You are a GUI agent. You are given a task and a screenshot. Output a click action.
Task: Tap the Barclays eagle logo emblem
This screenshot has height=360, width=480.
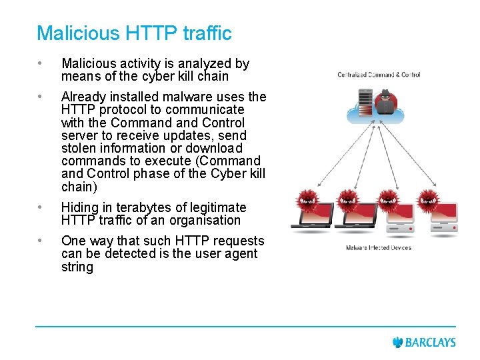pos(398,343)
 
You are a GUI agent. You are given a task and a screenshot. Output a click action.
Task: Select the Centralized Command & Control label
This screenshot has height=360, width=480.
pos(379,75)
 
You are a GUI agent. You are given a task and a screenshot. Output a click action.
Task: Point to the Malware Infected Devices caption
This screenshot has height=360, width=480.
pos(378,248)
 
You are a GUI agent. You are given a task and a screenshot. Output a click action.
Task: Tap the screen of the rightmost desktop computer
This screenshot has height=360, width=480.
pos(437,212)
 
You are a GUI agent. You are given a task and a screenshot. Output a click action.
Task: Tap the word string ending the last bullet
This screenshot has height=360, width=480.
pos(77,267)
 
